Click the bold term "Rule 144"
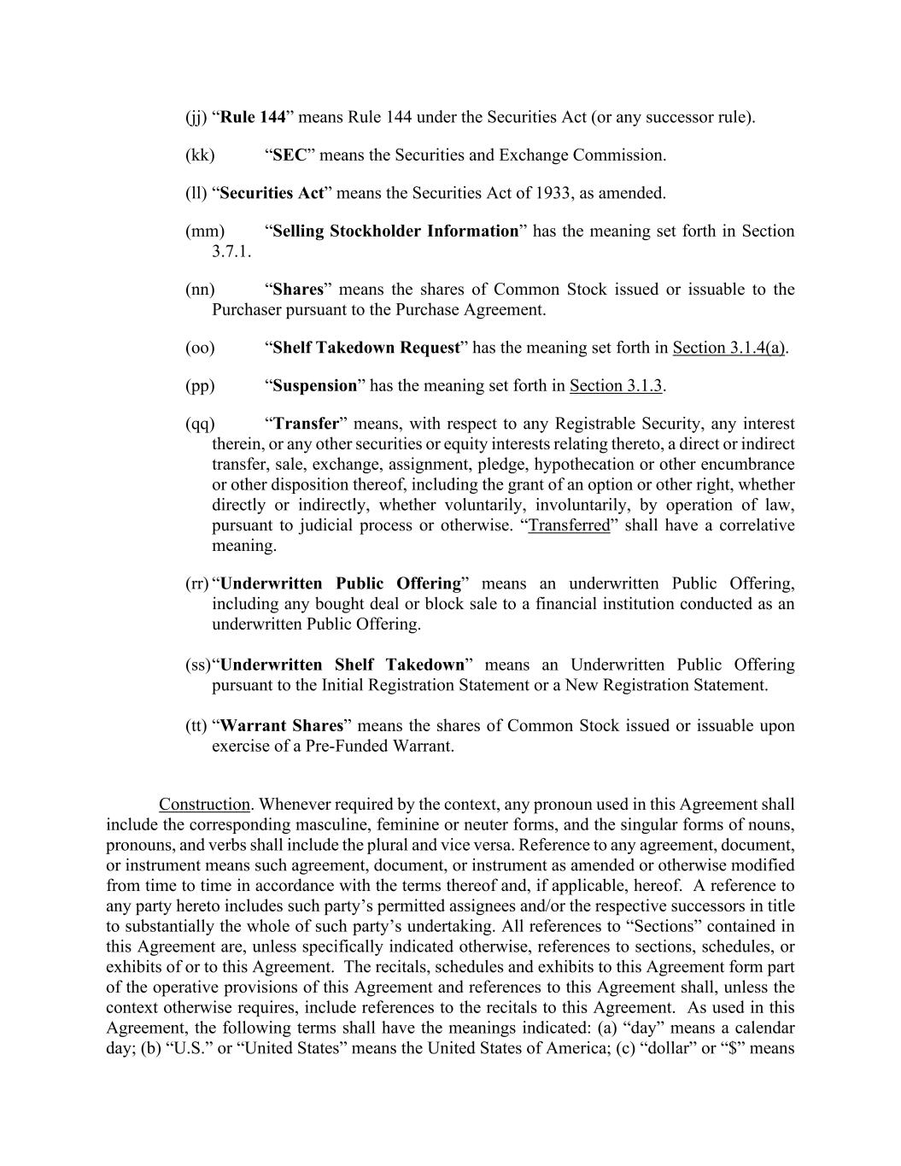[x=253, y=117]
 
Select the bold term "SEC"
[x=290, y=155]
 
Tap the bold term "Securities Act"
[x=272, y=193]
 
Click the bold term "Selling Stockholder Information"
[x=395, y=231]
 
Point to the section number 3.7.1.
[x=231, y=252]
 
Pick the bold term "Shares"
[x=298, y=290]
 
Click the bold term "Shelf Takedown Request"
[x=366, y=348]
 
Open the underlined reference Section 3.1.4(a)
[x=729, y=348]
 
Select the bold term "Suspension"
[x=314, y=386]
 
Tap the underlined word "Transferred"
[x=569, y=525]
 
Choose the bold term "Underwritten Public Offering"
[x=341, y=584]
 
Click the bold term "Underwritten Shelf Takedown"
[x=342, y=665]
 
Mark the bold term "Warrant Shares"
[x=282, y=726]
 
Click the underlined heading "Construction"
[x=204, y=805]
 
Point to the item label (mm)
[x=204, y=231]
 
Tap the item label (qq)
[x=200, y=425]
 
